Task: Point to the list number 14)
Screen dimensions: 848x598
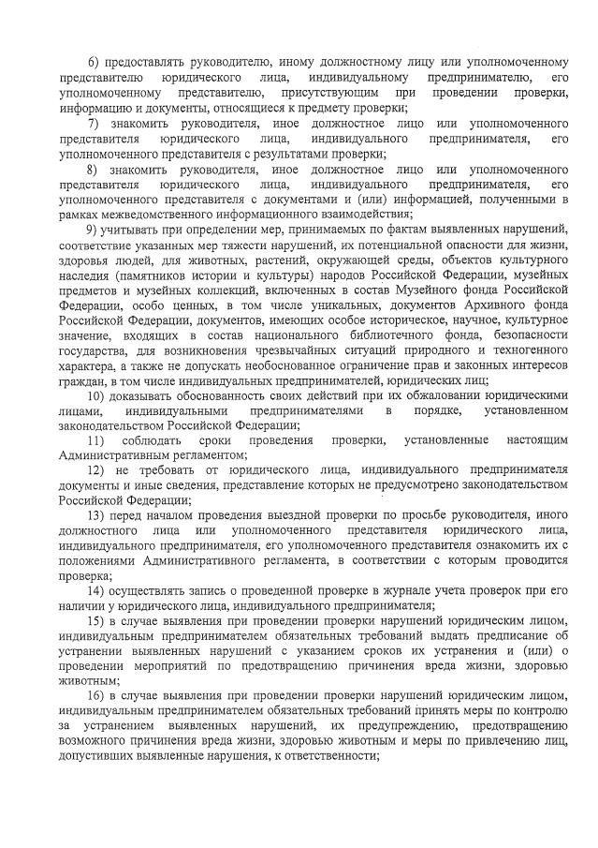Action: click(x=95, y=591)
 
